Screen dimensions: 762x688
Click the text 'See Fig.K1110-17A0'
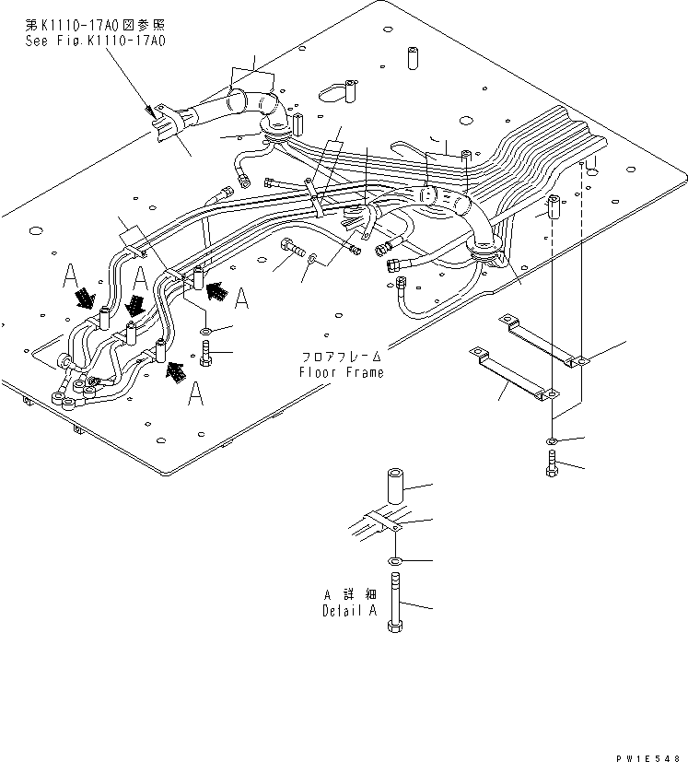[x=97, y=41]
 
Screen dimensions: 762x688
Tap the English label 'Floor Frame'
[x=340, y=372]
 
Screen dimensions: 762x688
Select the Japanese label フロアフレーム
[x=340, y=357]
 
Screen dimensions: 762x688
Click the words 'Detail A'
[x=350, y=611]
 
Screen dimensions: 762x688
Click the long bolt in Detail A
[x=394, y=604]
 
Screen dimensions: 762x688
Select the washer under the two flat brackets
[x=550, y=440]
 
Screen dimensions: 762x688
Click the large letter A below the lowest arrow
[x=194, y=393]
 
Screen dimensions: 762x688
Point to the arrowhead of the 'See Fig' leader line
[x=150, y=112]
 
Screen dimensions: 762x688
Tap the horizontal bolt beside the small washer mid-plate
[x=289, y=247]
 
